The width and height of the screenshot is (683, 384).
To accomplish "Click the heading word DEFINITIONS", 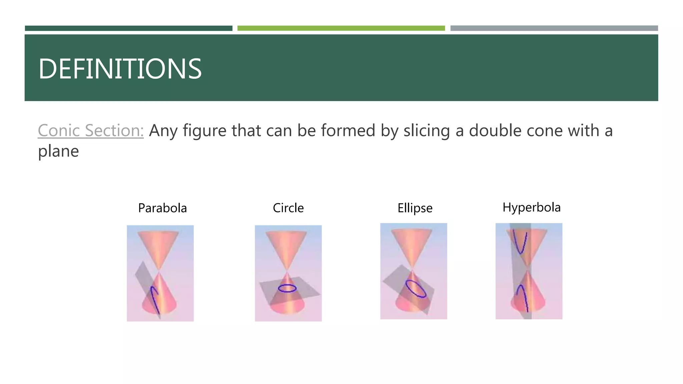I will (120, 69).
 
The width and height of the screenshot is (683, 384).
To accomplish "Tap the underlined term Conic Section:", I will (91, 130).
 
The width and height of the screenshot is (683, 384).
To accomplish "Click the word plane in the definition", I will (58, 151).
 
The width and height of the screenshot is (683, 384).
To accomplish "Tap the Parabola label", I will (162, 208).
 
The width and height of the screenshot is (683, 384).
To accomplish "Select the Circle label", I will (288, 208).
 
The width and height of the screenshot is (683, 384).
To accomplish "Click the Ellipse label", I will (415, 208).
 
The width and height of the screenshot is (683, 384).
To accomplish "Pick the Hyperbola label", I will (532, 207).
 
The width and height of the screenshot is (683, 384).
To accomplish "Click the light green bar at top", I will (341, 28).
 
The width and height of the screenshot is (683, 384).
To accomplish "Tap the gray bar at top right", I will (554, 28).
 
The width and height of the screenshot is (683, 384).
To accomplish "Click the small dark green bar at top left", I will (128, 28).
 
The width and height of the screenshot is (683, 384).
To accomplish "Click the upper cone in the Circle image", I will (286, 247).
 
